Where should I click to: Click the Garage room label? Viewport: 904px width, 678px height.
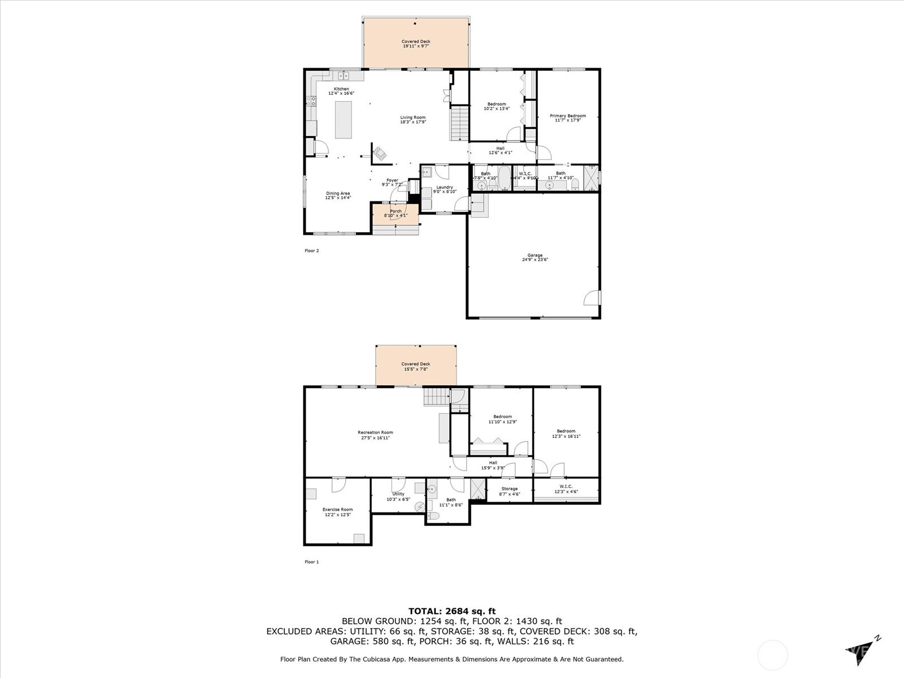tap(534, 255)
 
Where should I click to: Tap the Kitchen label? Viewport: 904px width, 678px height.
tap(341, 89)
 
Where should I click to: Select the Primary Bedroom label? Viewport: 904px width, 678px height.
tap(568, 116)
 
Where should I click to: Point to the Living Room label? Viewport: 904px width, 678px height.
tap(413, 118)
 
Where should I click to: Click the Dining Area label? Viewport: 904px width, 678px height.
tap(338, 193)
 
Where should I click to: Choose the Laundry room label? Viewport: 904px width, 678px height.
tap(445, 187)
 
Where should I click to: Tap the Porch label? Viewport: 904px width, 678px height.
tap(395, 211)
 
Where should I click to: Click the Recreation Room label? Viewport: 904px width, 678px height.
tap(375, 433)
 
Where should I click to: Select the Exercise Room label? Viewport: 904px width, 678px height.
tap(337, 510)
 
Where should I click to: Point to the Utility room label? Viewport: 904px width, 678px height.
tap(398, 494)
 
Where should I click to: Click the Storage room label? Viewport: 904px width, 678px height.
tap(509, 489)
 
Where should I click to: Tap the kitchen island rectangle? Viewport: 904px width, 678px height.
tap(343, 119)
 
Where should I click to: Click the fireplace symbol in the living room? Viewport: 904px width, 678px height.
tap(380, 153)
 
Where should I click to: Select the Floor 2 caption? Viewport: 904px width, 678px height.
tap(312, 251)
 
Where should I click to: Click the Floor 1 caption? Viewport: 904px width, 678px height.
tap(312, 562)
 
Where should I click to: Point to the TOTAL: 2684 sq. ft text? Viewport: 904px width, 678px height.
tap(452, 611)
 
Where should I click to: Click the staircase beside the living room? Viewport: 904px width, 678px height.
tap(460, 123)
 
